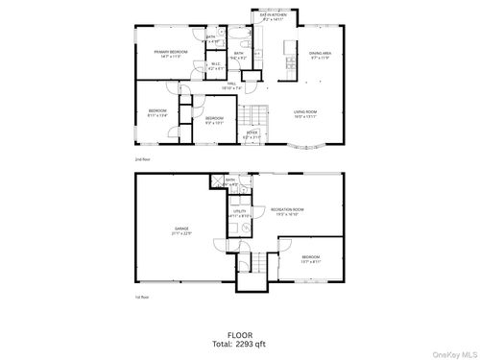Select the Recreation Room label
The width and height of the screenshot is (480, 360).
(286, 211)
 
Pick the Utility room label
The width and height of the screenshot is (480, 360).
(240, 213)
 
